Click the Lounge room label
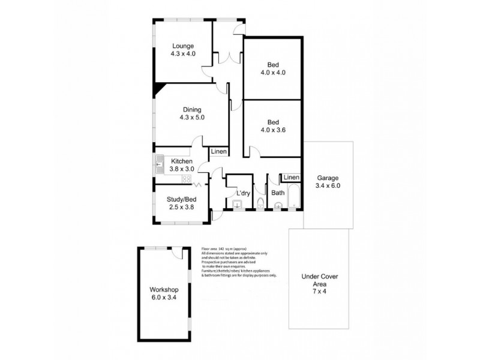click(182, 47)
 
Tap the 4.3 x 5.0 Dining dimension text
click(192, 118)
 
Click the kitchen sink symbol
click(160, 163)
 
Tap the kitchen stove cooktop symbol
click(186, 179)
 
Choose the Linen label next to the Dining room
click(218, 152)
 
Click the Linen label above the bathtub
click(291, 178)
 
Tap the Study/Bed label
click(182, 199)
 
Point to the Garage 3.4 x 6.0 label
click(328, 182)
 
